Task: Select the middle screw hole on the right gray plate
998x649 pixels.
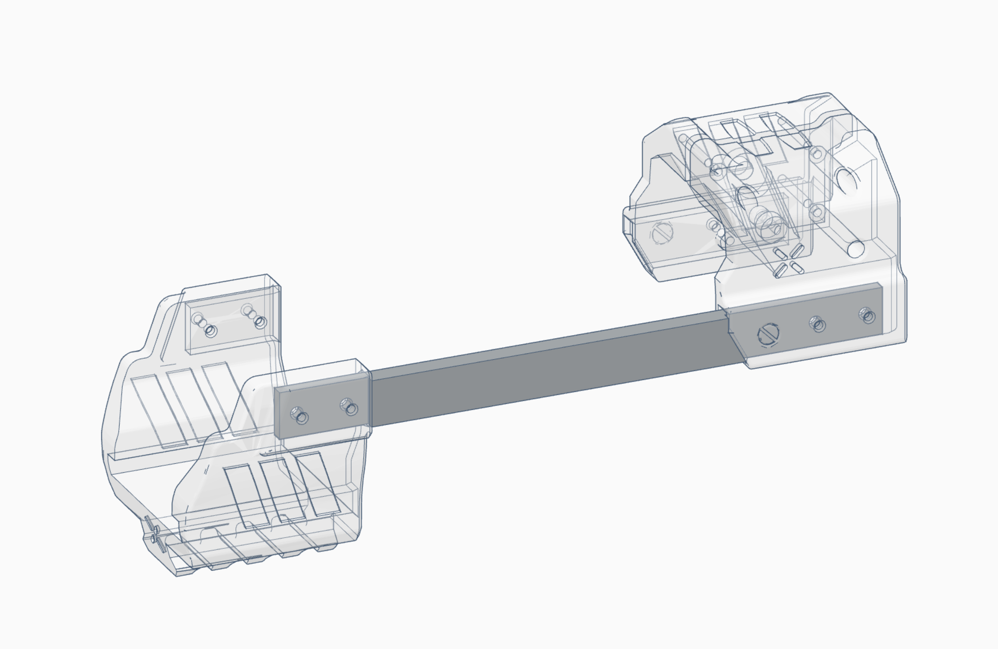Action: pos(818,324)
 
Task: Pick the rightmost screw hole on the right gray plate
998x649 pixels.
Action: pos(867,315)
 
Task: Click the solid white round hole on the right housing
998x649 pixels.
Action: pos(856,249)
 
